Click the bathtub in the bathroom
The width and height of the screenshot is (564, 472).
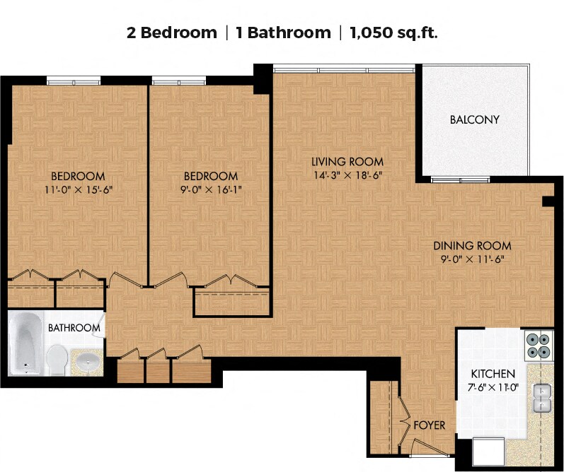tap(26, 343)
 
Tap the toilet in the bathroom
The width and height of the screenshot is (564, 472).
tap(57, 360)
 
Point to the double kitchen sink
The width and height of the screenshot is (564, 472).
tap(541, 398)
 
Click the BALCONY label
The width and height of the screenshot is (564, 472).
tap(474, 119)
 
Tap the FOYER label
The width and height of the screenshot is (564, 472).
tap(429, 425)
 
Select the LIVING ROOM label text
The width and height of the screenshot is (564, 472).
tap(347, 162)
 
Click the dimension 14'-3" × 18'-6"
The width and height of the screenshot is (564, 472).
tap(347, 176)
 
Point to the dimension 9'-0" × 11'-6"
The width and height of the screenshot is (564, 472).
tap(472, 259)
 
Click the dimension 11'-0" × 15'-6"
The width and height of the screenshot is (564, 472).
tap(79, 189)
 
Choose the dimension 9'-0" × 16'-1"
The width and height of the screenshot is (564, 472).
tap(210, 189)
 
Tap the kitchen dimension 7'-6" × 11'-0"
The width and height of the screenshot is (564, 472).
tap(493, 388)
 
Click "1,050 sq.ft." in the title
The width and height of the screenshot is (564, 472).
tap(393, 33)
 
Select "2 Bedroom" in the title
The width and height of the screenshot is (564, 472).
tap(171, 33)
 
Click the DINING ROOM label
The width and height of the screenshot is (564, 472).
tap(472, 246)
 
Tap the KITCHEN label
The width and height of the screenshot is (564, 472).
tap(493, 374)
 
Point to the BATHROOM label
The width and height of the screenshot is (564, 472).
tap(74, 328)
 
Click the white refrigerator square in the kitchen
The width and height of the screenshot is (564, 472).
tap(488, 452)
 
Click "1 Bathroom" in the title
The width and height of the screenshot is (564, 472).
tap(283, 33)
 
